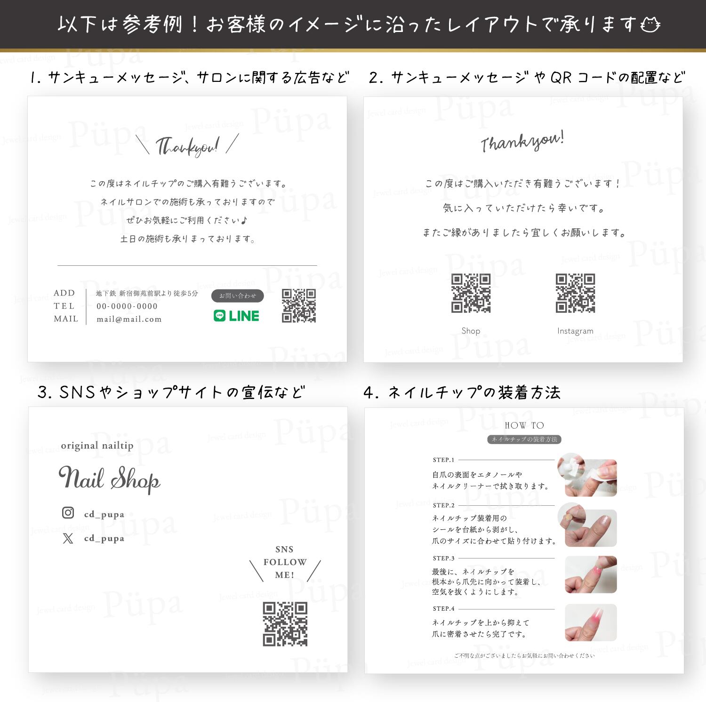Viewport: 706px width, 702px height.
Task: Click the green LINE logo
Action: (236, 316)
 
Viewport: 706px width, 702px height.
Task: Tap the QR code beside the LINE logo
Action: (299, 306)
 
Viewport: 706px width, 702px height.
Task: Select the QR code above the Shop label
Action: (471, 293)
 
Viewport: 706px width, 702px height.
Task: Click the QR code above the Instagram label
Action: (575, 293)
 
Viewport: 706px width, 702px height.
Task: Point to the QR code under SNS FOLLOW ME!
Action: (285, 624)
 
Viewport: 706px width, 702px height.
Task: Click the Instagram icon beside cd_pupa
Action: (68, 512)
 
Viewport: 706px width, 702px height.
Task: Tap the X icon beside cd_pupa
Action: (68, 538)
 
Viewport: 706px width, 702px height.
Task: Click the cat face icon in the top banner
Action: (650, 24)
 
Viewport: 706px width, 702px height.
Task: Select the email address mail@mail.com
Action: (129, 319)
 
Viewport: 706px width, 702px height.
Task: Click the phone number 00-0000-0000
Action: (127, 306)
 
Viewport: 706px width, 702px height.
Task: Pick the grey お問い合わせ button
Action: (238, 295)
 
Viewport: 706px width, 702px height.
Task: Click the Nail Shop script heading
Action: (109, 479)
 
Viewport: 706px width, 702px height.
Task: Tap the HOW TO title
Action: (524, 425)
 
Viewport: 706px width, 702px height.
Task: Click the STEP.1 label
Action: (443, 460)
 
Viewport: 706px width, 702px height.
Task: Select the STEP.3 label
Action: (443, 558)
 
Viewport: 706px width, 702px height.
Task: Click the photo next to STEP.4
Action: (591, 622)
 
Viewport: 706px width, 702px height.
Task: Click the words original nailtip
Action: (97, 446)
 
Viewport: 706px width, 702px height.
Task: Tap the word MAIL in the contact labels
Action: (66, 319)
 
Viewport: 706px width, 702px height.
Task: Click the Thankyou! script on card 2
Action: (522, 142)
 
